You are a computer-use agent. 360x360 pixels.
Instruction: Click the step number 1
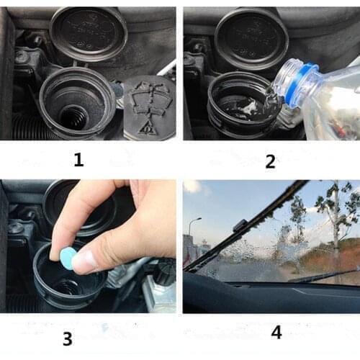(x=79, y=161)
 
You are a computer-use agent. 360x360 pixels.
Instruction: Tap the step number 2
(x=270, y=161)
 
